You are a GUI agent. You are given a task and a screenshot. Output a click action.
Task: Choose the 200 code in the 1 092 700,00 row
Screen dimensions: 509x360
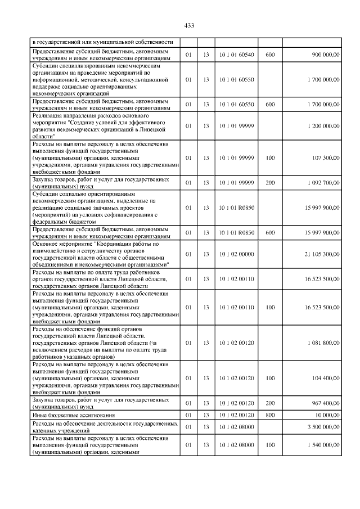270,183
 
